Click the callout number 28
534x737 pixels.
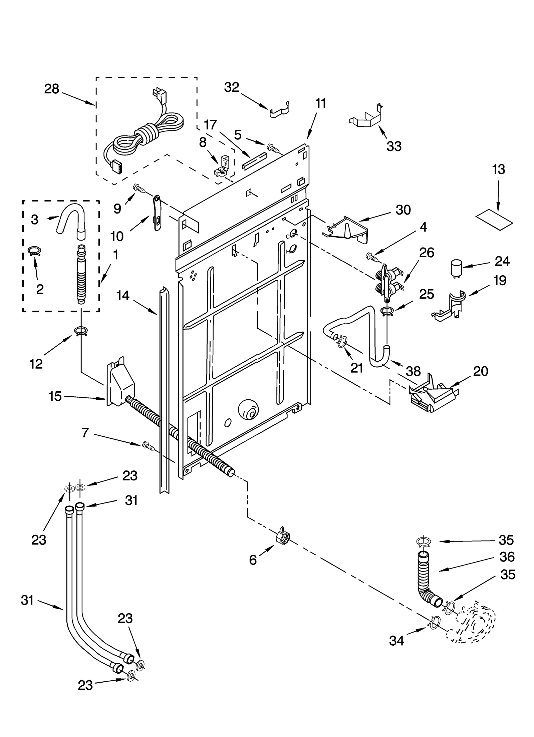point(52,89)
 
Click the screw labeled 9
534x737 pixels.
point(140,189)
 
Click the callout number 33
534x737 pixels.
point(394,146)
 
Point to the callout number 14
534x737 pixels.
point(123,295)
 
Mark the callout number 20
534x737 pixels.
point(481,371)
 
